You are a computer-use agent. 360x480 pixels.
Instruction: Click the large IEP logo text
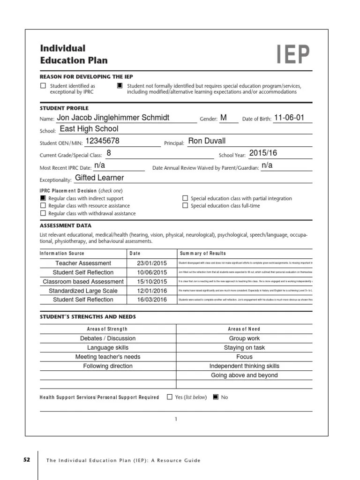click(x=293, y=55)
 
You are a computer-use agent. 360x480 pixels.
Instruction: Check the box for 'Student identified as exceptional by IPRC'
click(x=43, y=86)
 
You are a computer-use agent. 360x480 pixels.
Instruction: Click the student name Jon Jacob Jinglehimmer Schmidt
click(x=113, y=118)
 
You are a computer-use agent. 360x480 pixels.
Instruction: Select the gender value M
click(x=223, y=118)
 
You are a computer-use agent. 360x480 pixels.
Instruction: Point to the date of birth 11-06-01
click(x=289, y=118)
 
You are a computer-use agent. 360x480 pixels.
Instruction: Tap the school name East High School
click(x=89, y=129)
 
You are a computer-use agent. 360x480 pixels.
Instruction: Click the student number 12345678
click(x=103, y=141)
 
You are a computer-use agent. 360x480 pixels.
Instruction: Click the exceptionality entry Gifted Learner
click(x=99, y=178)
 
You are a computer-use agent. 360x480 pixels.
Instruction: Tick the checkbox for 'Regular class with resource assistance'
click(x=43, y=206)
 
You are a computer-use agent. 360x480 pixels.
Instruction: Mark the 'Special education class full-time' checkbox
click(x=185, y=206)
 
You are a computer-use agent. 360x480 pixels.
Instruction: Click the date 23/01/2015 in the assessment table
click(x=149, y=263)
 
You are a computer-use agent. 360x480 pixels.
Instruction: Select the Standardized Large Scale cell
click(x=83, y=291)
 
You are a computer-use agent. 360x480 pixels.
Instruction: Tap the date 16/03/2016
click(x=149, y=300)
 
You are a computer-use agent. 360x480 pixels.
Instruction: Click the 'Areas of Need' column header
click(x=244, y=329)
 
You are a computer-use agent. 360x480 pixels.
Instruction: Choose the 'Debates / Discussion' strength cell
click(x=108, y=338)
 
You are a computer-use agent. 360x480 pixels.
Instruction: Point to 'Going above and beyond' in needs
click(x=244, y=375)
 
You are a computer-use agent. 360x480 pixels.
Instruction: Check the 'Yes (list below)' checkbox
click(x=170, y=397)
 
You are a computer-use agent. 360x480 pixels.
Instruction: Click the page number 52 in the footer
click(x=27, y=460)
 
